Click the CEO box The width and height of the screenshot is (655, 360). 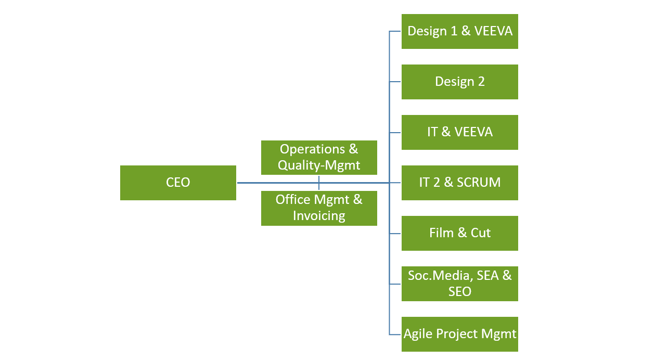tap(178, 183)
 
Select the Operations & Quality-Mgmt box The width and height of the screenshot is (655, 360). tap(319, 158)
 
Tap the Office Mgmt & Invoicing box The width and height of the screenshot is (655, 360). tap(319, 208)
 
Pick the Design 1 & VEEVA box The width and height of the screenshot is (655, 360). tap(460, 31)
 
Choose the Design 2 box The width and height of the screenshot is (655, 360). tap(460, 82)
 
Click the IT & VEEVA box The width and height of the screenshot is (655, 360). tap(460, 133)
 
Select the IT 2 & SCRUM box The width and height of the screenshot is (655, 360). tap(460, 183)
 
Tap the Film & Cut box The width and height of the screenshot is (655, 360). tap(460, 234)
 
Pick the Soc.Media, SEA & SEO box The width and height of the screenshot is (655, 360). tap(460, 284)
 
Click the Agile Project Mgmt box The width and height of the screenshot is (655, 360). tap(460, 335)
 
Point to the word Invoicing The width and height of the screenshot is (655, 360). tap(319, 216)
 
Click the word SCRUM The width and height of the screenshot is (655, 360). tap(479, 182)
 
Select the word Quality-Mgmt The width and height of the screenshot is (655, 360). tap(319, 165)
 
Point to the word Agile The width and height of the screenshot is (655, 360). tap(418, 334)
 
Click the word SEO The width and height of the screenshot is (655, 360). tap(460, 291)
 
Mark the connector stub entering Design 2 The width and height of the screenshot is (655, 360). tap(395, 82)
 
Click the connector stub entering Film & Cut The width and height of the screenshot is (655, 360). tap(395, 234)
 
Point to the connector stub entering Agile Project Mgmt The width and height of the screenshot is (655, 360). tap(395, 335)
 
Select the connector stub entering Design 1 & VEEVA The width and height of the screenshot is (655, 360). tap(395, 31)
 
